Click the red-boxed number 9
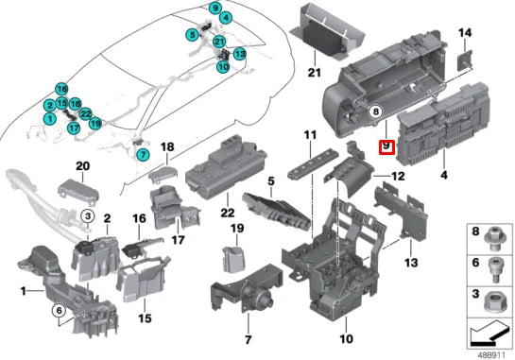pyautogui.click(x=386, y=146)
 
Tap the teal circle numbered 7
pyautogui.click(x=143, y=154)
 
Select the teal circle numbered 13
pyautogui.click(x=240, y=54)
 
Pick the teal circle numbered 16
pyautogui.click(x=61, y=89)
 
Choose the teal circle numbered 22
pyautogui.click(x=85, y=114)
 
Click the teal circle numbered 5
pyautogui.click(x=192, y=35)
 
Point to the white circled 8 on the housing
pyautogui.click(x=376, y=111)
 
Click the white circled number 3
pyautogui.click(x=88, y=216)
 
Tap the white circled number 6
pyautogui.click(x=59, y=311)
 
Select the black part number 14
pyautogui.click(x=465, y=33)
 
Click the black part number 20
pyautogui.click(x=82, y=166)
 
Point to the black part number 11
pyautogui.click(x=310, y=135)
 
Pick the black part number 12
pyautogui.click(x=398, y=177)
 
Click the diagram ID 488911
pyautogui.click(x=491, y=355)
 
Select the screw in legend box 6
pyautogui.click(x=494, y=269)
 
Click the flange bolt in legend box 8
pyautogui.click(x=494, y=239)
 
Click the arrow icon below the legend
pyautogui.click(x=489, y=335)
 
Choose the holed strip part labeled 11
pyautogui.click(x=312, y=163)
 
